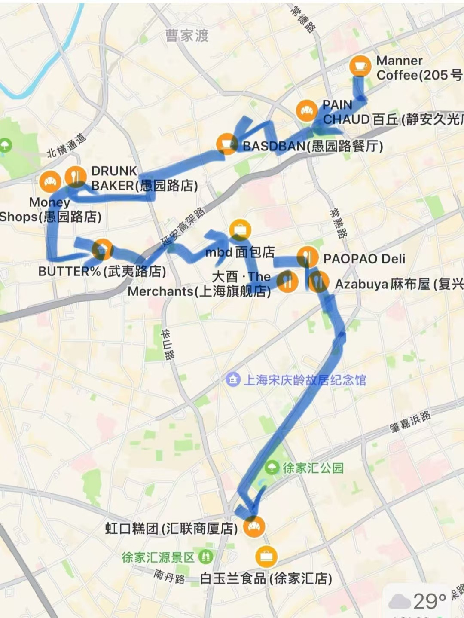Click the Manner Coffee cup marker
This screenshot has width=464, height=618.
pyautogui.click(x=360, y=66)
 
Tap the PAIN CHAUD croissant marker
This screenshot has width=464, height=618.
pyautogui.click(x=307, y=111)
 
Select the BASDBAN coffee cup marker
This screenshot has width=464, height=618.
pyautogui.click(x=226, y=144)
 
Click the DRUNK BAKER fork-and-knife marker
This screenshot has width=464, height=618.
pyautogui.click(x=76, y=177)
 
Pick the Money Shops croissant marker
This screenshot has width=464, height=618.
pyautogui.click(x=50, y=181)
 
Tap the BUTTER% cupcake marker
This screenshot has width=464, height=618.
pyautogui.click(x=102, y=249)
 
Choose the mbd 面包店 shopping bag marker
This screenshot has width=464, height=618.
pyautogui.click(x=240, y=230)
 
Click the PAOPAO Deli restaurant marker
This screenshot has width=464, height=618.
pyautogui.click(x=307, y=257)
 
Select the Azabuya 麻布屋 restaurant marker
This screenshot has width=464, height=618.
pyautogui.click(x=318, y=282)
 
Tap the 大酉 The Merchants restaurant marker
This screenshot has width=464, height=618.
pyautogui.click(x=287, y=282)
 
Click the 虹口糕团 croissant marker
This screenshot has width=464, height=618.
pyautogui.click(x=254, y=526)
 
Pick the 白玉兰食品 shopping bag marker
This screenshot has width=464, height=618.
pyautogui.click(x=266, y=557)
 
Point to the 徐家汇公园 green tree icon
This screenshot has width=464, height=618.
pyautogui.click(x=272, y=468)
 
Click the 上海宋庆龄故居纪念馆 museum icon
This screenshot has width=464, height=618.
pyautogui.click(x=233, y=379)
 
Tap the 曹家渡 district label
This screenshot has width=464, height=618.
pyautogui.click(x=187, y=36)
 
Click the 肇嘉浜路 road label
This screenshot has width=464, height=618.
pyautogui.click(x=410, y=421)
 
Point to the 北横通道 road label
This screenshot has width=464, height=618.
pyautogui.click(x=67, y=145)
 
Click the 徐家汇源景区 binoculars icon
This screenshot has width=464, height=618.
pyautogui.click(x=207, y=557)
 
